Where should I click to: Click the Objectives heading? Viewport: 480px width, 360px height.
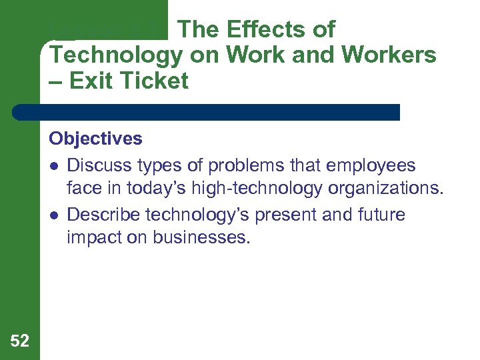click(x=95, y=139)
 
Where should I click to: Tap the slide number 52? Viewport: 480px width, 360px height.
click(x=20, y=341)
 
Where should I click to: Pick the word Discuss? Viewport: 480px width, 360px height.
click(x=99, y=165)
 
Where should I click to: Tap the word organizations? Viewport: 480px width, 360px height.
click(x=384, y=189)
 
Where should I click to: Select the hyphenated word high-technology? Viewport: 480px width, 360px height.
click(x=257, y=189)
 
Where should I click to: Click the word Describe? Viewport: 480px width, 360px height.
click(x=103, y=215)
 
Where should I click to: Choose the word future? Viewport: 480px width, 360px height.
click(x=380, y=215)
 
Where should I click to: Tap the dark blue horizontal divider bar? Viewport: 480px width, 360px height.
click(x=207, y=112)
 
